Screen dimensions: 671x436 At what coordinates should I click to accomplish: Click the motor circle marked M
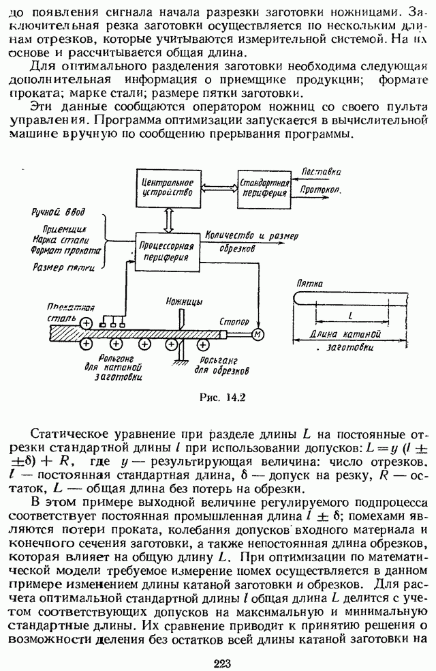(x=258, y=333)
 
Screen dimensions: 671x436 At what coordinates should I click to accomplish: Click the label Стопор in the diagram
(x=235, y=320)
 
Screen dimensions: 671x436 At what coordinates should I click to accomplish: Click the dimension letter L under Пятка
(x=349, y=316)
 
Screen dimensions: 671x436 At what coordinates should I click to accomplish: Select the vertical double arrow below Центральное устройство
(x=165, y=218)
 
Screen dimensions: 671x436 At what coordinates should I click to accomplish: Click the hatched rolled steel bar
(x=136, y=333)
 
